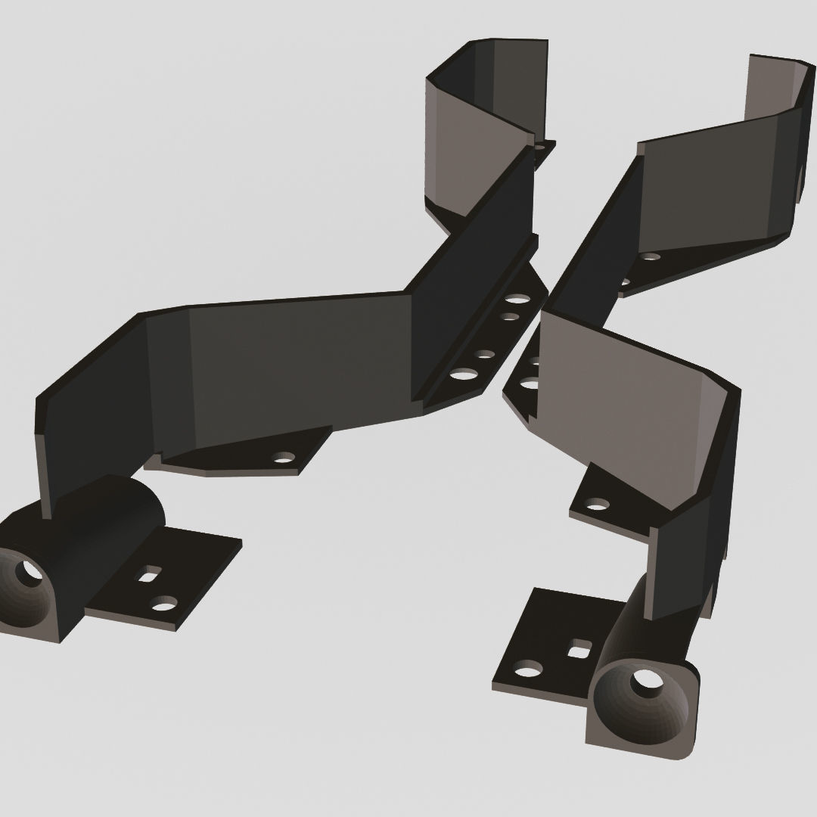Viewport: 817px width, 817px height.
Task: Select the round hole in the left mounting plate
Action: pyautogui.click(x=163, y=603)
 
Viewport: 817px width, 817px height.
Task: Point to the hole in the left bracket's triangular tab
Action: pyautogui.click(x=284, y=457)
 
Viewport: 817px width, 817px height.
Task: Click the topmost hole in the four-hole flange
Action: pyautogui.click(x=517, y=299)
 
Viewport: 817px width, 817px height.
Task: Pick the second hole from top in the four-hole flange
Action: pyautogui.click(x=511, y=317)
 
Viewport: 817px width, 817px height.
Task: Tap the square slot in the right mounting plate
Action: pyautogui.click(x=579, y=648)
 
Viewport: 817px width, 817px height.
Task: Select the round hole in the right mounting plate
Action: pyautogui.click(x=528, y=668)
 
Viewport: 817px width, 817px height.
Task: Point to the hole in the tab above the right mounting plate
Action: pyautogui.click(x=597, y=503)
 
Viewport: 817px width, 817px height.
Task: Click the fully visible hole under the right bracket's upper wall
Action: pyautogui.click(x=650, y=256)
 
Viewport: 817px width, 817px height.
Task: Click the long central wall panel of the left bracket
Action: pyautogui.click(x=295, y=363)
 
